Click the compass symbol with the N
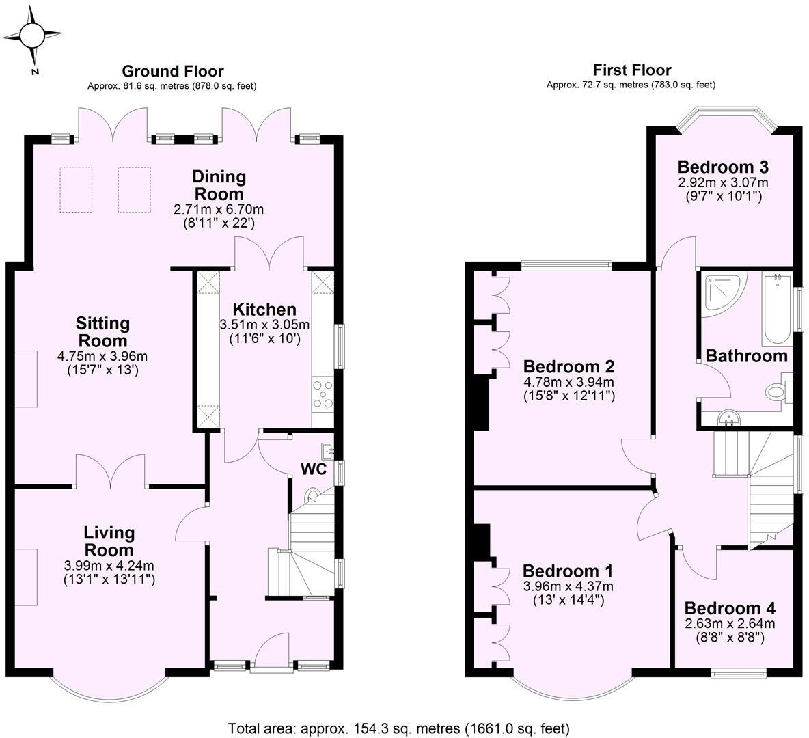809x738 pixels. [x=32, y=36]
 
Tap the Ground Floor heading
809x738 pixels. [x=172, y=71]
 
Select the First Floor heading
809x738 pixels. [x=631, y=70]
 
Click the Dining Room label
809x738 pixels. [x=219, y=185]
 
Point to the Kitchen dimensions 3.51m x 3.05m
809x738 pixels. [x=264, y=325]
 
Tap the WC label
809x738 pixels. [x=313, y=470]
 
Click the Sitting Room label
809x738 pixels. [x=102, y=331]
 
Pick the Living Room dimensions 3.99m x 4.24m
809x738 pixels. [x=109, y=566]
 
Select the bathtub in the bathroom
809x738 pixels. [x=776, y=309]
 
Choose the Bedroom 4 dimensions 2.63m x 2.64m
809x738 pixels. [x=730, y=623]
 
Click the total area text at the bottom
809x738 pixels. [x=398, y=728]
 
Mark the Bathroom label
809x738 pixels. [x=746, y=356]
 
